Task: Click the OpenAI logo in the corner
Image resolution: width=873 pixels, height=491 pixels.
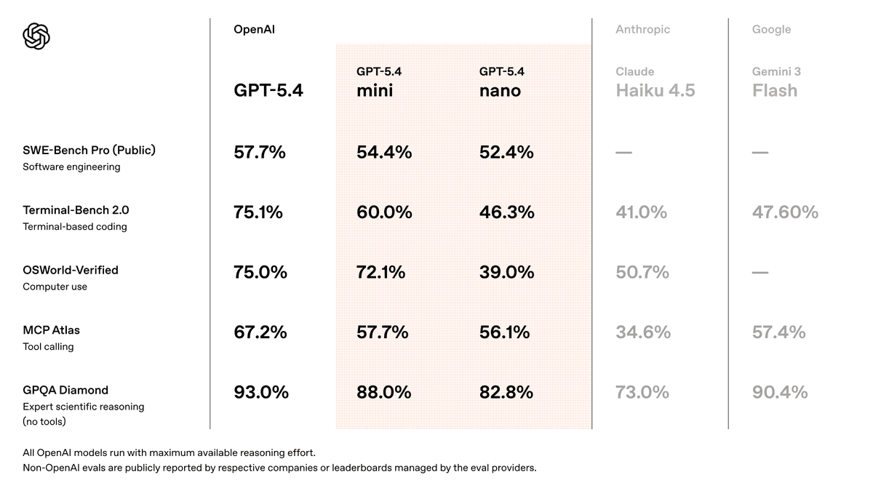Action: tap(36, 36)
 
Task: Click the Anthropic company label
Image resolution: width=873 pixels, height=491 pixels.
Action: tap(642, 30)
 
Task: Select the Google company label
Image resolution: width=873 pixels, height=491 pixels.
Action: tap(771, 30)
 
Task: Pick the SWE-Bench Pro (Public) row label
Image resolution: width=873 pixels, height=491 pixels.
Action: tap(89, 151)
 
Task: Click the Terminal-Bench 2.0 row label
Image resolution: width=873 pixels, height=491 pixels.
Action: tap(76, 210)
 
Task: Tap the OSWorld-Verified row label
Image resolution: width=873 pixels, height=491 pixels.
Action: tap(70, 270)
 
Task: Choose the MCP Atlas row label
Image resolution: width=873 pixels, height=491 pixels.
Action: tap(51, 330)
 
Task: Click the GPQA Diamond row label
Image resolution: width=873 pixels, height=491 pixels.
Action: tap(65, 390)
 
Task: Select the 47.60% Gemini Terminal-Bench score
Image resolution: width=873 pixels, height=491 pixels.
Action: tap(785, 212)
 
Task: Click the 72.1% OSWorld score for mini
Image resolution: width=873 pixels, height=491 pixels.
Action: tap(380, 273)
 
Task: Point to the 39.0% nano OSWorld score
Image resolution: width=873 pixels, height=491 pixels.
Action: tap(506, 273)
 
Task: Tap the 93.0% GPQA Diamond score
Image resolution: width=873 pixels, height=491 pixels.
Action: tap(260, 393)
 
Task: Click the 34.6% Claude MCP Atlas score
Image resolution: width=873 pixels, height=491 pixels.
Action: tap(642, 332)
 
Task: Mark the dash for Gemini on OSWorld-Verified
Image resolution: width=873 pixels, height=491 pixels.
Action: tap(760, 273)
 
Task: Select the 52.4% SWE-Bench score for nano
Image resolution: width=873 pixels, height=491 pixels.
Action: tap(506, 153)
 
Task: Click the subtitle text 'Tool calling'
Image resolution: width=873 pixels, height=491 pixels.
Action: tap(48, 347)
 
